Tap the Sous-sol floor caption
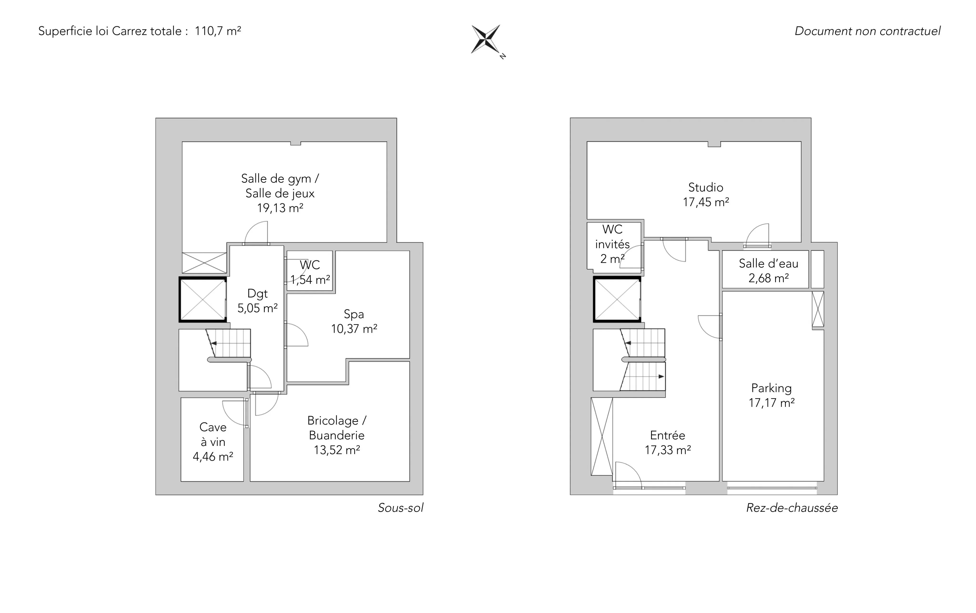pyautogui.click(x=401, y=508)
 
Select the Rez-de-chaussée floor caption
pyautogui.click(x=792, y=508)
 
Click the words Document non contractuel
pyautogui.click(x=867, y=31)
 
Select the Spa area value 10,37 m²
pyautogui.click(x=354, y=329)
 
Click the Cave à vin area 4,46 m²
pyautogui.click(x=213, y=457)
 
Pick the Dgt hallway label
pyautogui.click(x=258, y=294)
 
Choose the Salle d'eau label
pyautogui.click(x=768, y=264)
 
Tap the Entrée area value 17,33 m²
pyautogui.click(x=668, y=450)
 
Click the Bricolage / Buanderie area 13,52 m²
pyautogui.click(x=337, y=450)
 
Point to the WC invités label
pyautogui.click(x=612, y=237)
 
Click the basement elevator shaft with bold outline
pyautogui.click(x=203, y=300)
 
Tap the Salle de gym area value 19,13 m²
pyautogui.click(x=280, y=208)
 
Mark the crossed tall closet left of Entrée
pyautogui.click(x=602, y=436)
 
